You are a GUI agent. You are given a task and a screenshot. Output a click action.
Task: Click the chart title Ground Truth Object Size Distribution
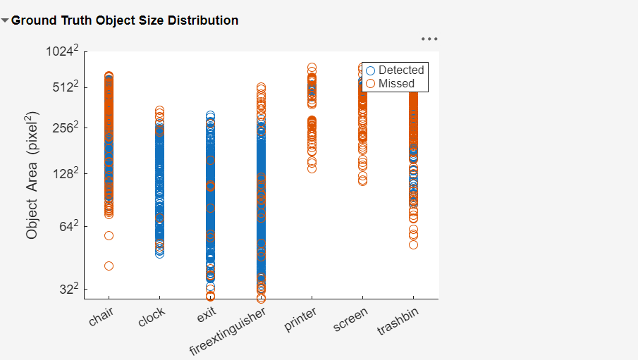(x=125, y=20)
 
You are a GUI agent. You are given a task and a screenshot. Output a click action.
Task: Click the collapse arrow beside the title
(x=6, y=21)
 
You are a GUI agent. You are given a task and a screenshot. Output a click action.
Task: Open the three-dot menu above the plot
(x=429, y=39)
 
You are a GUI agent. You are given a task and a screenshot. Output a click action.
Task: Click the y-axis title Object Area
(x=32, y=175)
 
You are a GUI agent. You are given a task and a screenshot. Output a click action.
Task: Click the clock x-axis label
(x=152, y=318)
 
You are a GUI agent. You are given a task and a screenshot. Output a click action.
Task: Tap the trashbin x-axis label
(x=398, y=321)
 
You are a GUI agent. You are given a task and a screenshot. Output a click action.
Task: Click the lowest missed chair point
(x=109, y=266)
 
